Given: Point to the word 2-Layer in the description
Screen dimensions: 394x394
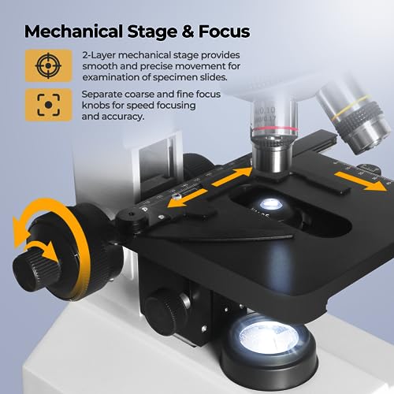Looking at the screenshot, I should point(98,54).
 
